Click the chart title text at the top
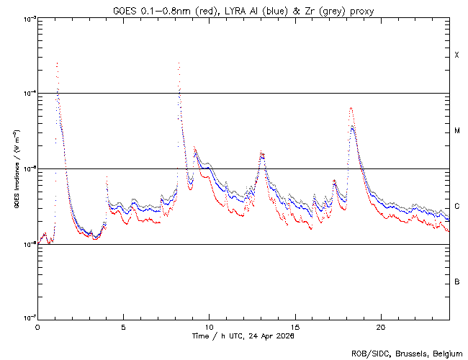click(x=243, y=11)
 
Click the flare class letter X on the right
click(x=457, y=55)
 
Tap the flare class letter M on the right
click(x=457, y=131)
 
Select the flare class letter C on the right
click(x=457, y=206)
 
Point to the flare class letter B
click(x=457, y=282)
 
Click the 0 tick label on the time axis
click(x=37, y=326)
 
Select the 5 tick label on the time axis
click(x=123, y=326)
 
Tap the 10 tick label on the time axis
click(x=209, y=326)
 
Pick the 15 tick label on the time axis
click(x=295, y=326)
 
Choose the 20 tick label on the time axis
click(x=381, y=326)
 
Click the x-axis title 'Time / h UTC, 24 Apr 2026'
click(x=243, y=336)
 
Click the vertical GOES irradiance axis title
click(x=16, y=168)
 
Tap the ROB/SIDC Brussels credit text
click(x=408, y=353)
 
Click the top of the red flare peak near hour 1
click(x=57, y=63)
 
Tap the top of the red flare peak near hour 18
click(x=351, y=108)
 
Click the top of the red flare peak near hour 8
click(x=179, y=63)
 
